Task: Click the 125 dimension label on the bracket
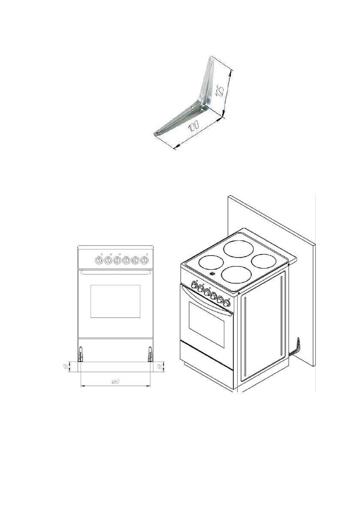(220, 92)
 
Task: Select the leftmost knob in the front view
(99, 260)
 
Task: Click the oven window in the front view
(115, 301)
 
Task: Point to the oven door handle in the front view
(115, 272)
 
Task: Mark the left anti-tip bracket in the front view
(80, 354)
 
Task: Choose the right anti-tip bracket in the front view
(150, 354)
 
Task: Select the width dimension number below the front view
(115, 382)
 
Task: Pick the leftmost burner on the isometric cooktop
(210, 263)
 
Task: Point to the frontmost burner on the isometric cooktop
(236, 275)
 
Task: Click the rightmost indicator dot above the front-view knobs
(147, 254)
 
